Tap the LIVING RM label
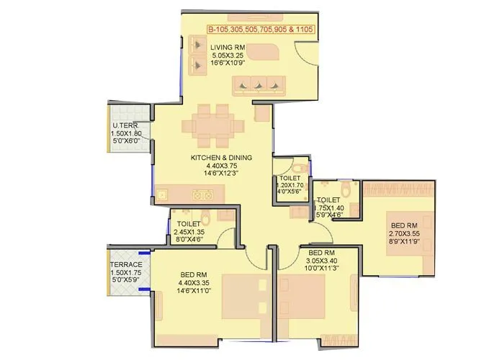click(228, 48)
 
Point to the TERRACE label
click(126, 265)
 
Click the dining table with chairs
click(213, 125)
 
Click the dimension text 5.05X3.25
click(228, 56)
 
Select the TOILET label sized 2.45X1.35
click(189, 224)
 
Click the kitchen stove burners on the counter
click(202, 194)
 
